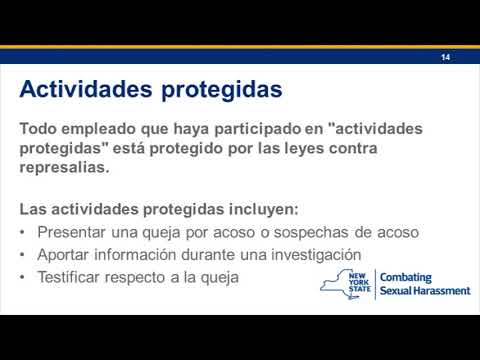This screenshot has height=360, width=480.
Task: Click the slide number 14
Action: [x=446, y=58]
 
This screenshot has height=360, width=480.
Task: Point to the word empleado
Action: [x=108, y=130]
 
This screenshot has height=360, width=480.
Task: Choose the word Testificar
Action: [x=75, y=276]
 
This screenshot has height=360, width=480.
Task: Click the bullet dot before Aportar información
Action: [x=23, y=254]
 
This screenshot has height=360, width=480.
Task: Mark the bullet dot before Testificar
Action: [x=23, y=276]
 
